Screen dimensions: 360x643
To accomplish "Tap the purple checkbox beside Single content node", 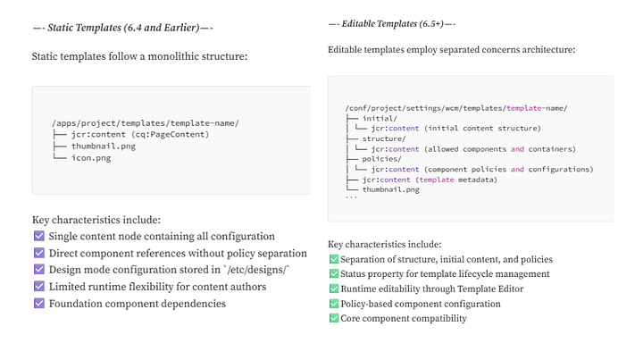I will click(x=39, y=236).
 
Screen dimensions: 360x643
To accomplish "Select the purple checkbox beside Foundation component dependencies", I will click(x=39, y=303).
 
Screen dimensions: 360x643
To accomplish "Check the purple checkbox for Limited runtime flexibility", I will click(x=39, y=286).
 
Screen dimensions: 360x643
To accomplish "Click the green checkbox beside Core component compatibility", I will click(x=334, y=318).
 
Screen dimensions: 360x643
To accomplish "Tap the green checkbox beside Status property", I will click(x=334, y=273).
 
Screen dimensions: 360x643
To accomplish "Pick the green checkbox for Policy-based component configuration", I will click(x=334, y=304).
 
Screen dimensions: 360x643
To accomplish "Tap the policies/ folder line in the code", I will click(x=381, y=158).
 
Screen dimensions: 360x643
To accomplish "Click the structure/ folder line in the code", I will click(x=384, y=138).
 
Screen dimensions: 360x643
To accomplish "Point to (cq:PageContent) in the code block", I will click(x=172, y=134).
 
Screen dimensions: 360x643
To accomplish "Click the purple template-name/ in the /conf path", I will click(x=536, y=108).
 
